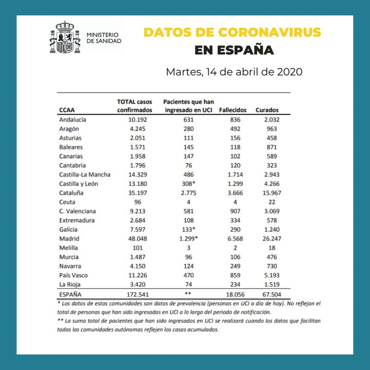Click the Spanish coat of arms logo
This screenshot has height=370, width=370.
[x=65, y=37]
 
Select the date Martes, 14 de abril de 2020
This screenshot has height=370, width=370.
[x=234, y=72]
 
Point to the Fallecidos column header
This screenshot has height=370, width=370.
[x=233, y=110]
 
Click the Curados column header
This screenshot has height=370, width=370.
[x=267, y=110]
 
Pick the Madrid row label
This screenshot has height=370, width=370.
[x=69, y=239]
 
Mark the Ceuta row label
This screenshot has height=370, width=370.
[x=67, y=202]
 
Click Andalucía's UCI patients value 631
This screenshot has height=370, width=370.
[x=188, y=120]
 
